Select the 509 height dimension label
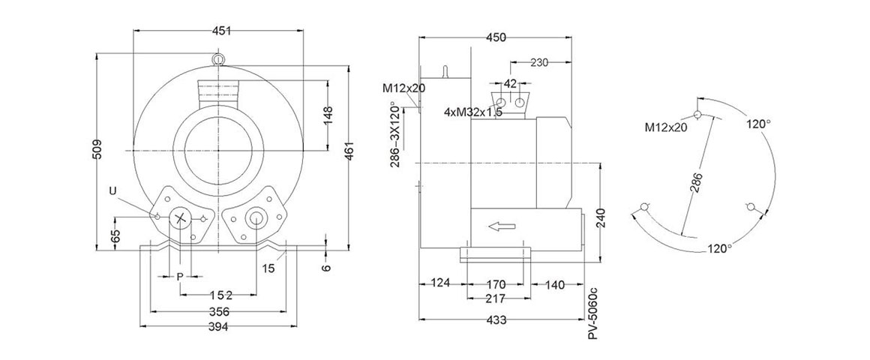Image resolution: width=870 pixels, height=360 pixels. click(x=97, y=151)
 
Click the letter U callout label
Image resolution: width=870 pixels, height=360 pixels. click(x=112, y=192)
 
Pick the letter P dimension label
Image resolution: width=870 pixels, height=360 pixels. click(x=179, y=277)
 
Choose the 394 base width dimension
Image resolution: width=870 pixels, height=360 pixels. click(x=218, y=326)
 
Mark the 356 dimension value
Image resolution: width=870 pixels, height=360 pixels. click(x=218, y=311)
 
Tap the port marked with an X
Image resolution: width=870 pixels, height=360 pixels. click(x=181, y=218)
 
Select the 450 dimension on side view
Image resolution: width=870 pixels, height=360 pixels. click(x=496, y=37)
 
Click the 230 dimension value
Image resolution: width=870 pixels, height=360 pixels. click(x=539, y=62)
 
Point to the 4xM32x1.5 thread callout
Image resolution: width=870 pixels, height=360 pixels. click(x=472, y=112)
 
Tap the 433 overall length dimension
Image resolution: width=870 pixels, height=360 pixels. click(x=496, y=320)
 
